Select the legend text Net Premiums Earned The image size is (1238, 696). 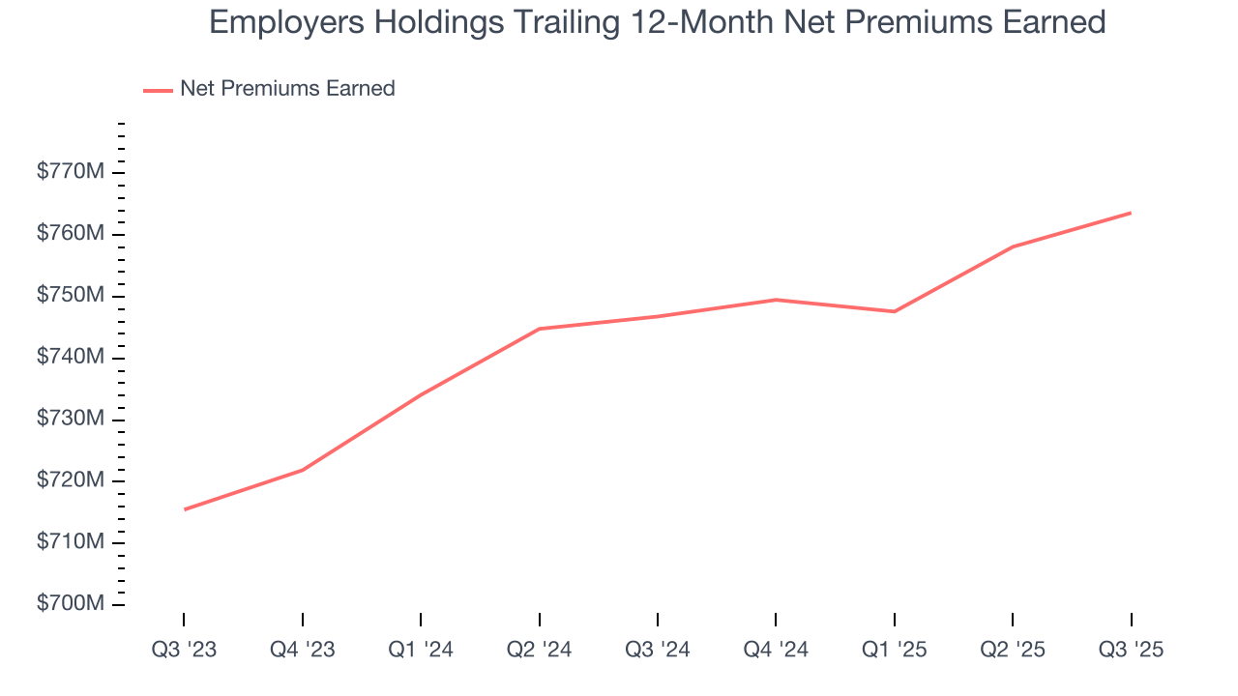click(x=287, y=89)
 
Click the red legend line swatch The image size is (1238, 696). click(x=158, y=90)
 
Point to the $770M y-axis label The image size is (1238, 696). click(x=70, y=173)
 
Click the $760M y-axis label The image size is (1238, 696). click(x=70, y=235)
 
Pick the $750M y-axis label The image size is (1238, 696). click(x=70, y=296)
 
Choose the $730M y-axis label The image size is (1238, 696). click(x=70, y=420)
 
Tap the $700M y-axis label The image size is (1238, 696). click(x=70, y=604)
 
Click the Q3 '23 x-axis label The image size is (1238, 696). click(x=184, y=650)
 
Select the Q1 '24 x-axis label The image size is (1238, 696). click(x=421, y=650)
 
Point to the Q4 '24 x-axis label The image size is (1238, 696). click(x=776, y=650)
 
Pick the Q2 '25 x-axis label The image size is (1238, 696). click(x=1013, y=650)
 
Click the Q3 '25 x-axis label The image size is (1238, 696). click(x=1131, y=650)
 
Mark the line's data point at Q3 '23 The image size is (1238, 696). click(x=184, y=509)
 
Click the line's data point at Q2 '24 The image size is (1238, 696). click(x=539, y=329)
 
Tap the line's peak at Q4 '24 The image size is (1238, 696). click(x=776, y=300)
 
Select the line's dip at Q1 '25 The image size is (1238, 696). click(x=894, y=311)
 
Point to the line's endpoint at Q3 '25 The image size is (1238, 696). click(x=1131, y=213)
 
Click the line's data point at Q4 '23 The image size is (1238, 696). click(x=303, y=471)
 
